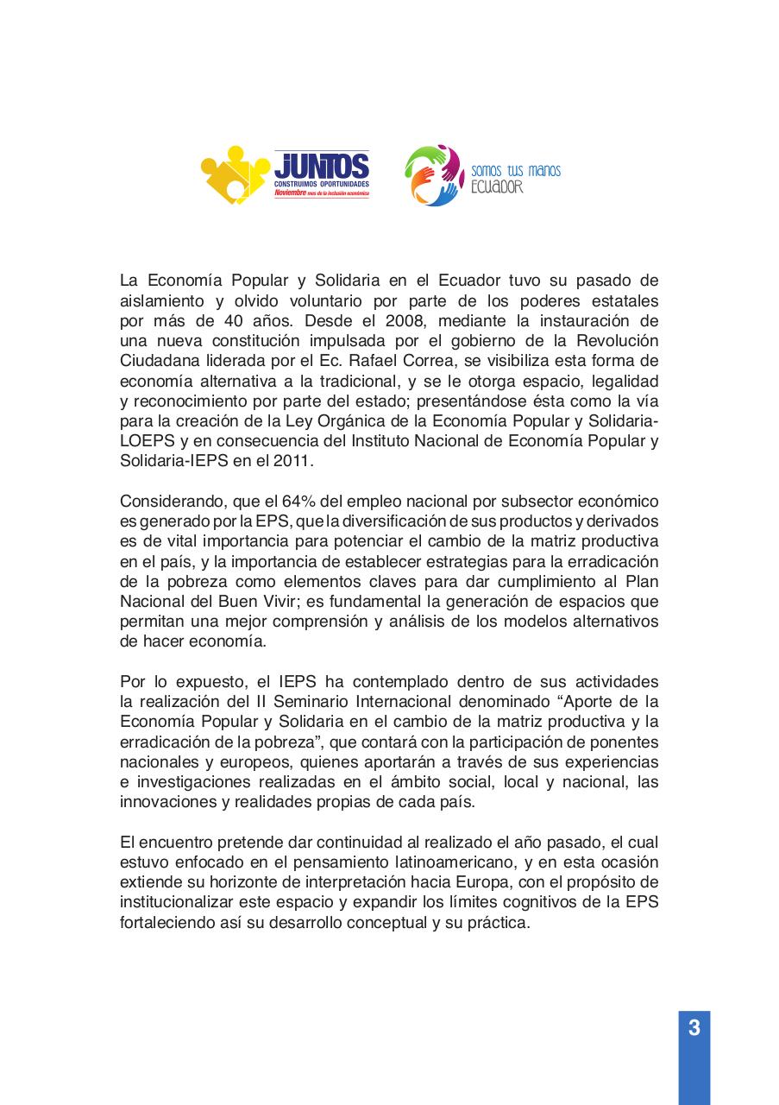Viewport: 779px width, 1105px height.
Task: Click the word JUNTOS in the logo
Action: (322, 166)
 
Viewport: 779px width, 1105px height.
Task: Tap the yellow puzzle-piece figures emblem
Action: (236, 175)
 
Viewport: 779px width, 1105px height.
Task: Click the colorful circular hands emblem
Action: (435, 175)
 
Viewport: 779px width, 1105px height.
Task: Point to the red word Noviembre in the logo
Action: (290, 194)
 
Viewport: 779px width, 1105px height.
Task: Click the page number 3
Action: (694, 1029)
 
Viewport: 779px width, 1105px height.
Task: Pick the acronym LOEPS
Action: (148, 440)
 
